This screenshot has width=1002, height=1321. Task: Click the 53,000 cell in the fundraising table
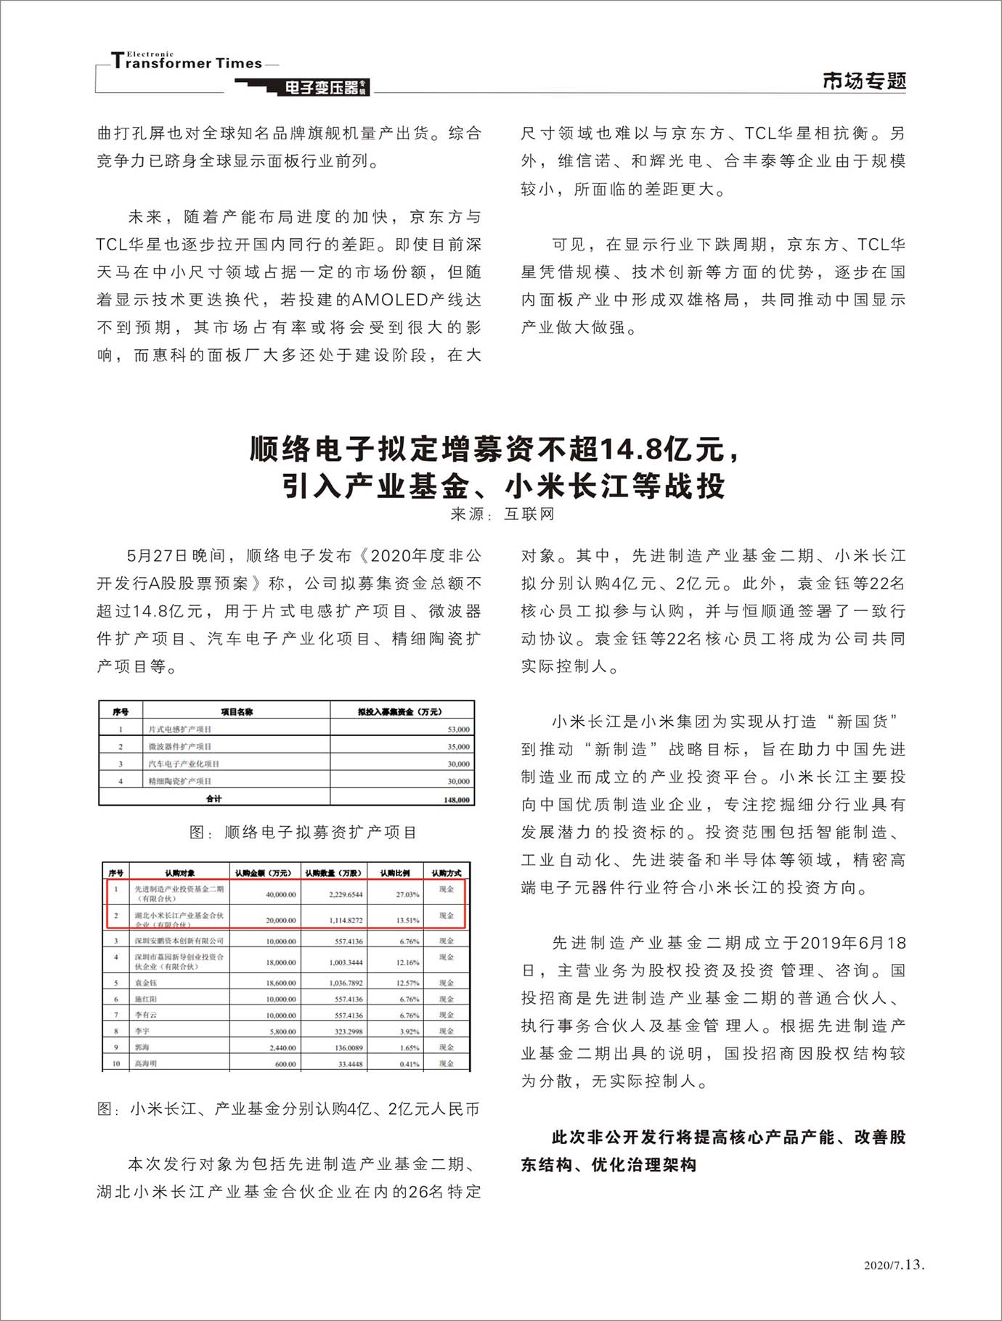pyautogui.click(x=458, y=729)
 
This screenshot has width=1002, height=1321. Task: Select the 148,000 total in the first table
pyautogui.click(x=457, y=799)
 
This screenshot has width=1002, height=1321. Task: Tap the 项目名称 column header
pyautogui.click(x=237, y=711)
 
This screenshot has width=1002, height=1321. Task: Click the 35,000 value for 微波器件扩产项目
pyautogui.click(x=458, y=746)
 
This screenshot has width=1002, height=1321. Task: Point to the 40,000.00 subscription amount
pyautogui.click(x=281, y=894)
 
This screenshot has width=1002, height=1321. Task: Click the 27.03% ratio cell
pyautogui.click(x=407, y=894)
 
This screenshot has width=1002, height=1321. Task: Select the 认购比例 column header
pyautogui.click(x=395, y=872)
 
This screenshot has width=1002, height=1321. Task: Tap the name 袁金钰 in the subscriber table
pyautogui.click(x=145, y=983)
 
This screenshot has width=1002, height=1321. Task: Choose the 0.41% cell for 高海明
pyautogui.click(x=410, y=1064)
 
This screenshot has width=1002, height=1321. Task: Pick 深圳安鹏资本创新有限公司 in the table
pyautogui.click(x=179, y=941)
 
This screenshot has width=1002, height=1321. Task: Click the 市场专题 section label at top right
pyautogui.click(x=864, y=81)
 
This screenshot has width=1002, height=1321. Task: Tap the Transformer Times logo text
pyautogui.click(x=187, y=62)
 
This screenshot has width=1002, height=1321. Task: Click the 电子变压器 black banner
pyautogui.click(x=322, y=88)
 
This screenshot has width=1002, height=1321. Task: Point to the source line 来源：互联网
pyautogui.click(x=502, y=514)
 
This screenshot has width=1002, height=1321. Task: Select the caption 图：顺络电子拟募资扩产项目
pyautogui.click(x=303, y=833)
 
